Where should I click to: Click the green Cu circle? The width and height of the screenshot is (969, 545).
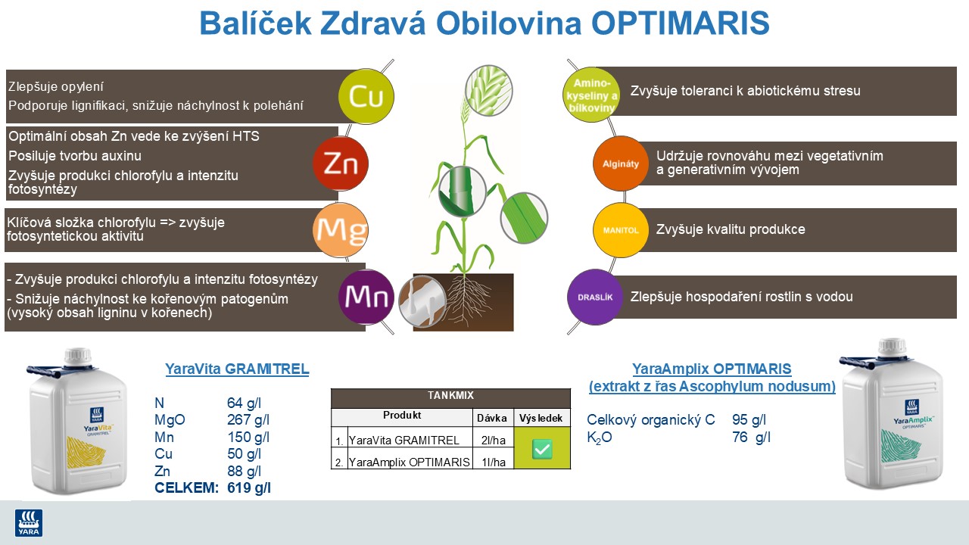pyautogui.click(x=366, y=96)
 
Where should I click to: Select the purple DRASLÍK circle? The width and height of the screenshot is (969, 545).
pyautogui.click(x=595, y=297)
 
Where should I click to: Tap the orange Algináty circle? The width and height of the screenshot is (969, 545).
pyautogui.click(x=621, y=163)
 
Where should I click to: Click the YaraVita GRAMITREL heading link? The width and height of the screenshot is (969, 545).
pyautogui.click(x=237, y=369)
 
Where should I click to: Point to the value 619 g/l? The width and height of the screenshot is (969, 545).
pyautogui.click(x=249, y=488)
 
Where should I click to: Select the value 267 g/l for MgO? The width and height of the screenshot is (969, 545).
pyautogui.click(x=249, y=420)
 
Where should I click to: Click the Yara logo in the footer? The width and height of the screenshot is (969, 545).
pyautogui.click(x=29, y=523)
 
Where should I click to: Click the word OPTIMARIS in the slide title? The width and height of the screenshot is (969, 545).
pyautogui.click(x=681, y=24)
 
